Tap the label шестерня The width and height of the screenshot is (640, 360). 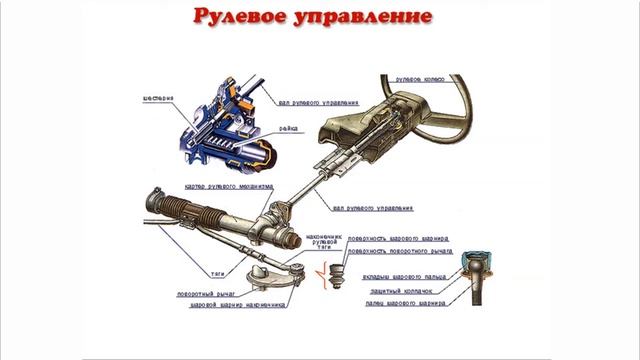[157, 98]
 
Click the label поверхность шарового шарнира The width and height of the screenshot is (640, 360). [399, 240]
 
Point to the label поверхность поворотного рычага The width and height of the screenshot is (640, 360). [404, 251]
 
